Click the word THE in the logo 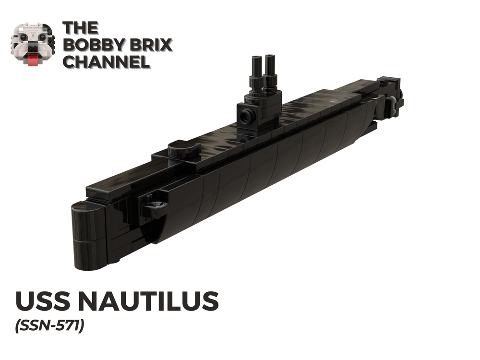point(81,28)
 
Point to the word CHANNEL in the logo point(106,62)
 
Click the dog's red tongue point(33,60)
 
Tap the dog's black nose point(33,49)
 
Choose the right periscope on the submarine point(270,72)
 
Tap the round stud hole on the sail point(247,116)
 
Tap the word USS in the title point(42,301)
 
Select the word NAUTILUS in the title point(148,301)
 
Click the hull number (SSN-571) point(50,325)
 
